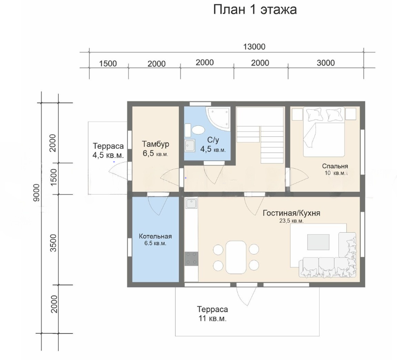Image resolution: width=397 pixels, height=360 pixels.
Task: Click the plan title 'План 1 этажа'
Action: tap(255, 10)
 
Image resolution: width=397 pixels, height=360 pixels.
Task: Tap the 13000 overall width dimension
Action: tap(254, 47)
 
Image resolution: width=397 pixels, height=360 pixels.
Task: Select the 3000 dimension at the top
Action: tap(325, 63)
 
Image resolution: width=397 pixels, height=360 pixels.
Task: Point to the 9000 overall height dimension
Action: tap(37, 193)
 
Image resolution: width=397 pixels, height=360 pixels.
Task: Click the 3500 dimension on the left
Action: tap(53, 243)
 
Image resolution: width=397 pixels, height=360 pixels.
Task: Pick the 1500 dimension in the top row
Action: tap(108, 63)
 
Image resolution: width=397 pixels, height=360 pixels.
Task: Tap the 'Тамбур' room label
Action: tap(156, 144)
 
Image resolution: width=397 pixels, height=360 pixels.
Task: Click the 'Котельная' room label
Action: tap(155, 237)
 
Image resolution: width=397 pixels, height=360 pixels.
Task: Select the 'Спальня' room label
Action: tap(335, 166)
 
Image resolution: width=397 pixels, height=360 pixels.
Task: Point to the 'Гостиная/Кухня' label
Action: tap(292, 213)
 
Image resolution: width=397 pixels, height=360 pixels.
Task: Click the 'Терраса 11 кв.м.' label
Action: tap(212, 314)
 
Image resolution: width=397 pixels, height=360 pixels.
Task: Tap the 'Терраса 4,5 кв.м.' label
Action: tap(108, 151)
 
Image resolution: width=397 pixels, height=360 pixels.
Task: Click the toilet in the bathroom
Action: tap(195, 130)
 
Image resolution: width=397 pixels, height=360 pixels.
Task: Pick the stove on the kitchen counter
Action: tap(191, 258)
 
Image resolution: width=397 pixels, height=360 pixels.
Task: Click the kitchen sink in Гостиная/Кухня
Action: tap(191, 204)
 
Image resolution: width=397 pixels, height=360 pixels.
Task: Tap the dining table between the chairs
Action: tap(236, 257)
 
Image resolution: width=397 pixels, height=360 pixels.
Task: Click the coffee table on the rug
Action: tap(318, 242)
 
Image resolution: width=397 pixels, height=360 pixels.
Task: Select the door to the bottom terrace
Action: tap(247, 295)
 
